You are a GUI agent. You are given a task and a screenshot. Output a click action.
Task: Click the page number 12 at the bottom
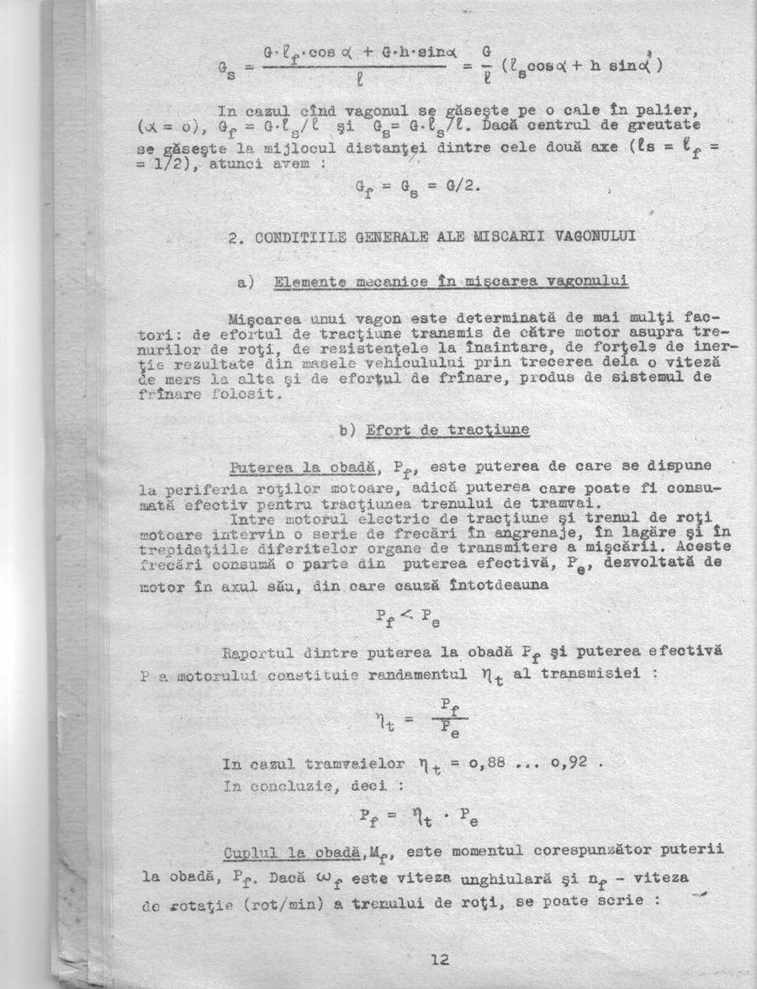tap(439, 960)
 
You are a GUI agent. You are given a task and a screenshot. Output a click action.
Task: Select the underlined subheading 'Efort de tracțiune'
tap(447, 429)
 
